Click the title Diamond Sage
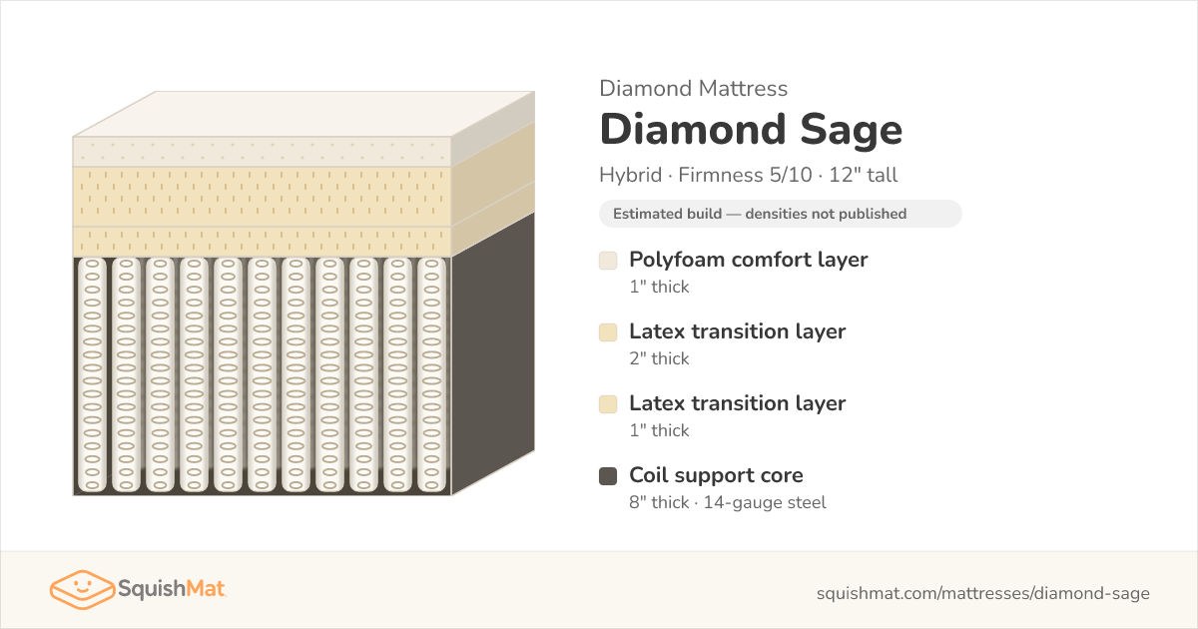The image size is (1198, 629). (751, 130)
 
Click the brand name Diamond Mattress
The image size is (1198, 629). (693, 88)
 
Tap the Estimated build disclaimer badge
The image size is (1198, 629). (781, 214)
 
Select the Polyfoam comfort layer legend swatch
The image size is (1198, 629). (608, 261)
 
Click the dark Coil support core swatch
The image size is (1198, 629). (608, 476)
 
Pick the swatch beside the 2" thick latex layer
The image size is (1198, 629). (608, 332)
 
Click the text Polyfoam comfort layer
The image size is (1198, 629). (748, 260)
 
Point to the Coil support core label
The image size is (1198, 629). (716, 475)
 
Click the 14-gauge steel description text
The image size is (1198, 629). (765, 502)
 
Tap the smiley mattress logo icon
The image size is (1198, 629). (82, 589)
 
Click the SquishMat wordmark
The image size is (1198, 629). (172, 589)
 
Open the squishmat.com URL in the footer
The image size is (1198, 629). (983, 593)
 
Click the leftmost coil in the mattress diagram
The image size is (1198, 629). (92, 374)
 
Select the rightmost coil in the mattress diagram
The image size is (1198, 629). (431, 374)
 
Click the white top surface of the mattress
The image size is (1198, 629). (303, 114)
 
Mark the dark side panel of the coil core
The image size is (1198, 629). (493, 354)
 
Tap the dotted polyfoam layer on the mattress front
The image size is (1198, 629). (262, 152)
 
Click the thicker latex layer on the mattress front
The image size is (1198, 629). (262, 197)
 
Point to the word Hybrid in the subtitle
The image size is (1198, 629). (631, 175)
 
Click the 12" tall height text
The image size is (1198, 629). (864, 175)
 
